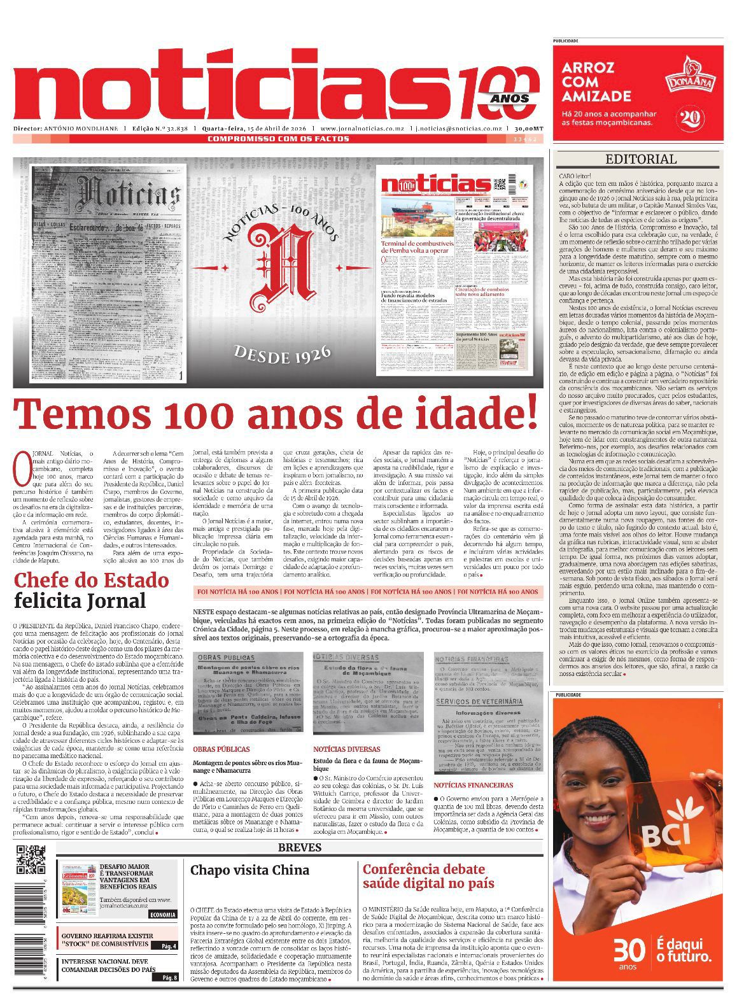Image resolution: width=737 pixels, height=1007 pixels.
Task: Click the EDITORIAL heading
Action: pos(640,159)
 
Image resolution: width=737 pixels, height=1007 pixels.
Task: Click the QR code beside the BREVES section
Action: pos(31,859)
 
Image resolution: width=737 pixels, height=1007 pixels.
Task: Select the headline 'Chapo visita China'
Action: pos(249,870)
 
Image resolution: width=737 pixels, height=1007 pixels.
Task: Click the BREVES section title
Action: pos(299,847)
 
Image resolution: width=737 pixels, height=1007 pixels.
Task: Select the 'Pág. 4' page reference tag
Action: pos(169,946)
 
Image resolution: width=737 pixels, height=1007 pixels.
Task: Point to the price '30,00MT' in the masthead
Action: pos(530,128)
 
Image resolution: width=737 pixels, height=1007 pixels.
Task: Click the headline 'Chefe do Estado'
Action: pos(91,581)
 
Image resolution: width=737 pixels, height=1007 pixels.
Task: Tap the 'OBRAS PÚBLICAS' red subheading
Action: pos(221,749)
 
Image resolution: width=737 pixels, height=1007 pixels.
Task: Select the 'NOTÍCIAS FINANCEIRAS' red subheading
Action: pos(474,785)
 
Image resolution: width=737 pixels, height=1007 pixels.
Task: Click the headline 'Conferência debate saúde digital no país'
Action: pos(428,876)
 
